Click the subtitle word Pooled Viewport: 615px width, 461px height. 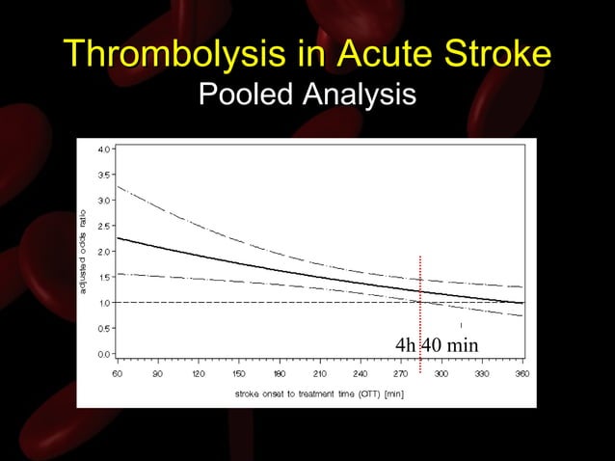(246, 95)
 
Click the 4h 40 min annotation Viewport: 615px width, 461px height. (437, 345)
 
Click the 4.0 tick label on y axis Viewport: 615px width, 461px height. (103, 149)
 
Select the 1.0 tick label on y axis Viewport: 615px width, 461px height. (103, 302)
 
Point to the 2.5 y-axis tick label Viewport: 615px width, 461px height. (103, 226)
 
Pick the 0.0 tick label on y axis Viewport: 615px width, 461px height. (103, 353)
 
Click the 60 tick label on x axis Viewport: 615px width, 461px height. (117, 373)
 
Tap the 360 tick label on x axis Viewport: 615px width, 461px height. (521, 373)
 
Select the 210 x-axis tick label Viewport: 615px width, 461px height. (319, 373)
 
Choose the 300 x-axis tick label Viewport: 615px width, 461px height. (441, 373)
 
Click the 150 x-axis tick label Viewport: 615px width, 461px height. (238, 373)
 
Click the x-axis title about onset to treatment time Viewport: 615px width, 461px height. (319, 393)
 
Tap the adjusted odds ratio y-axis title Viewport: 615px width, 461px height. (85, 252)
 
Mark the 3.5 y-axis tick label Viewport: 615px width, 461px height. (103, 175)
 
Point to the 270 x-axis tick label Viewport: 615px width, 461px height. (400, 373)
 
